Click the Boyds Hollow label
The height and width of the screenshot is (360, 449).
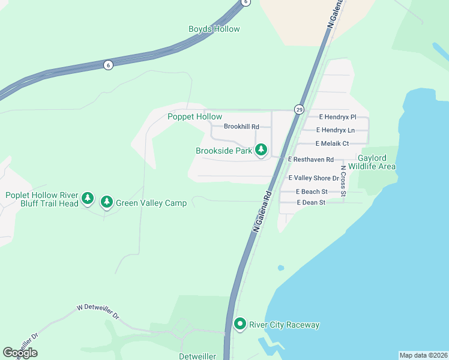click(214, 29)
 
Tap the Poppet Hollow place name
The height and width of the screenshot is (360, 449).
click(194, 116)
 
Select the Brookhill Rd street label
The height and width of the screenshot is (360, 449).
click(241, 127)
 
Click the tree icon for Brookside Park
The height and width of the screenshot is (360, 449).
click(261, 150)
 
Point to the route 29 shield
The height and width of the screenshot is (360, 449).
click(299, 109)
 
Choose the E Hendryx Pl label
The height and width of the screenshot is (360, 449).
click(337, 116)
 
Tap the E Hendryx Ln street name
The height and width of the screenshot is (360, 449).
click(336, 130)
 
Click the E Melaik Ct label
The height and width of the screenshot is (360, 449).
click(332, 143)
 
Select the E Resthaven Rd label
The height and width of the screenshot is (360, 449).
click(310, 159)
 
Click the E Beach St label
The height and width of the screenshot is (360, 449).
click(312, 191)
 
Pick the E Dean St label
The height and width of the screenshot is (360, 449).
click(310, 203)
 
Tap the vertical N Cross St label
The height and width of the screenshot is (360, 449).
click(343, 179)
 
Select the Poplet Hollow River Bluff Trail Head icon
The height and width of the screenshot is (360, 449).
click(88, 197)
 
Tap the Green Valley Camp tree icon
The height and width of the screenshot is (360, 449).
click(107, 202)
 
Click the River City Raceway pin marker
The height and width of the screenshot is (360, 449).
click(240, 325)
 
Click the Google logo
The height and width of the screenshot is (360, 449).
click(20, 352)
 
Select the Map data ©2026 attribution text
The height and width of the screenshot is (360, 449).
click(423, 355)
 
